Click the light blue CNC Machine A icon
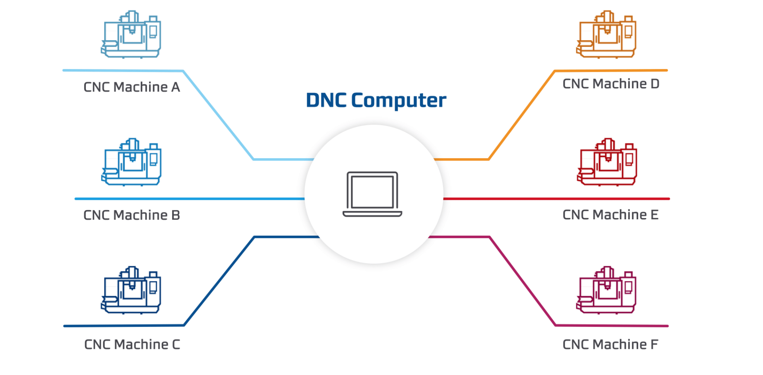[131, 35]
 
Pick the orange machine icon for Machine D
[606, 35]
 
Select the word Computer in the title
[399, 101]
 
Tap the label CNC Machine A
[132, 87]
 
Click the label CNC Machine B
[132, 215]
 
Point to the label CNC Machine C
[132, 344]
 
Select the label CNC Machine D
[611, 84]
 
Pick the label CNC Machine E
[610, 215]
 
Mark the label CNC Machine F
[610, 344]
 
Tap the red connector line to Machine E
[556, 199]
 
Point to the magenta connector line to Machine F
[522, 281]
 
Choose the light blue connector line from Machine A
[218, 115]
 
